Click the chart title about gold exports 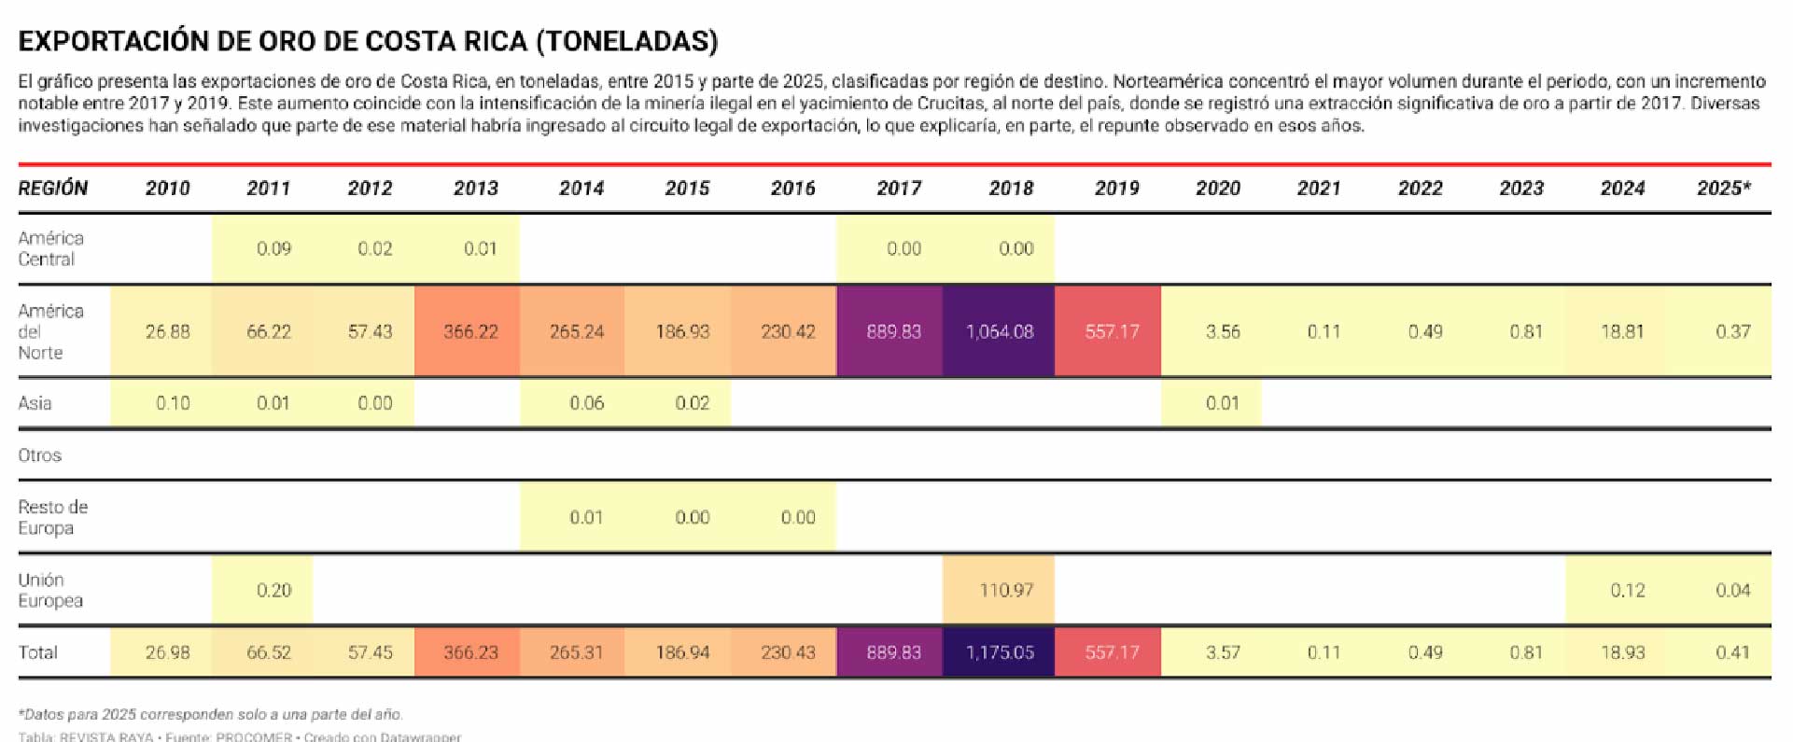(x=368, y=41)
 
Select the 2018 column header (x=1011, y=189)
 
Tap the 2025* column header (x=1723, y=189)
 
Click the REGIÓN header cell (x=53, y=189)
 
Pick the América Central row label (x=51, y=249)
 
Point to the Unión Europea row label (x=50, y=591)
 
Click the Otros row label (x=40, y=455)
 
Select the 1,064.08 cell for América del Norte (x=1000, y=331)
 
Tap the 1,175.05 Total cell (x=1000, y=652)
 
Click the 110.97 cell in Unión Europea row (x=1005, y=591)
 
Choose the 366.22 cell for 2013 (x=470, y=331)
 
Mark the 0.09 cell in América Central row (x=273, y=249)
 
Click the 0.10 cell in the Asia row (x=173, y=403)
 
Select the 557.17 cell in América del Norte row (x=1112, y=331)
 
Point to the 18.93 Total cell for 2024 (x=1622, y=652)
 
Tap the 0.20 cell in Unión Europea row (x=273, y=591)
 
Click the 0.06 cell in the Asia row (x=586, y=403)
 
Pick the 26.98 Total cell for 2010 (x=167, y=652)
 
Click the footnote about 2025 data (x=211, y=715)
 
